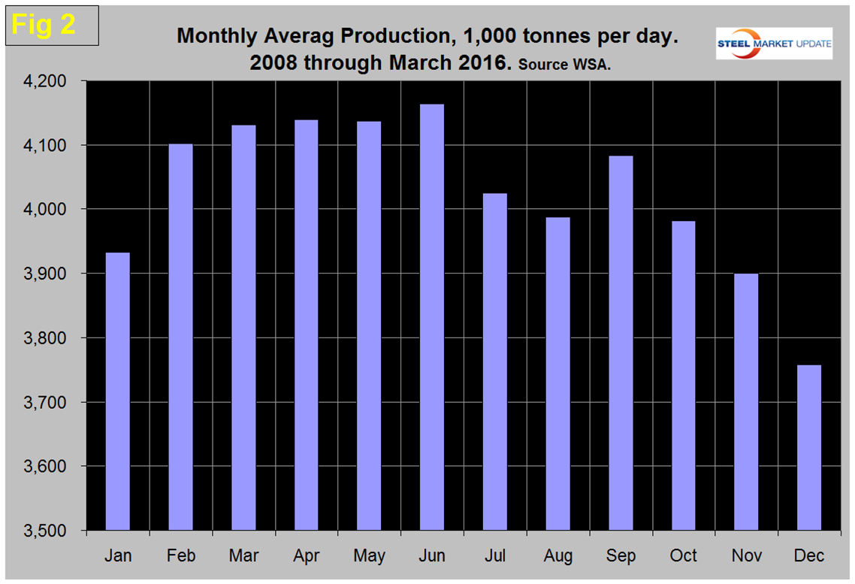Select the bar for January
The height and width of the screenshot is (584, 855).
click(x=118, y=391)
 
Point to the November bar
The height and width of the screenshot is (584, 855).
click(x=746, y=401)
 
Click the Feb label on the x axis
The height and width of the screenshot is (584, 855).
click(x=181, y=555)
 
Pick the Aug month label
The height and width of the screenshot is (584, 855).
click(x=557, y=555)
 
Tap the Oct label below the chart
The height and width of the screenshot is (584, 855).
click(x=684, y=555)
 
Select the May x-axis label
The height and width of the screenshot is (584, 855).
click(x=370, y=555)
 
